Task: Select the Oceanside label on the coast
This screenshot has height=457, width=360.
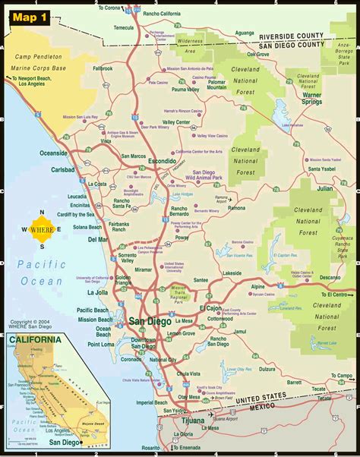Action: [54, 153]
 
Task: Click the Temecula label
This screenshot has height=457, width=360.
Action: [124, 27]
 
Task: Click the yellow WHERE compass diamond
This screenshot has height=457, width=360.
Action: [42, 228]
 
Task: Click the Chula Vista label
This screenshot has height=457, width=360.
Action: [189, 374]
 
